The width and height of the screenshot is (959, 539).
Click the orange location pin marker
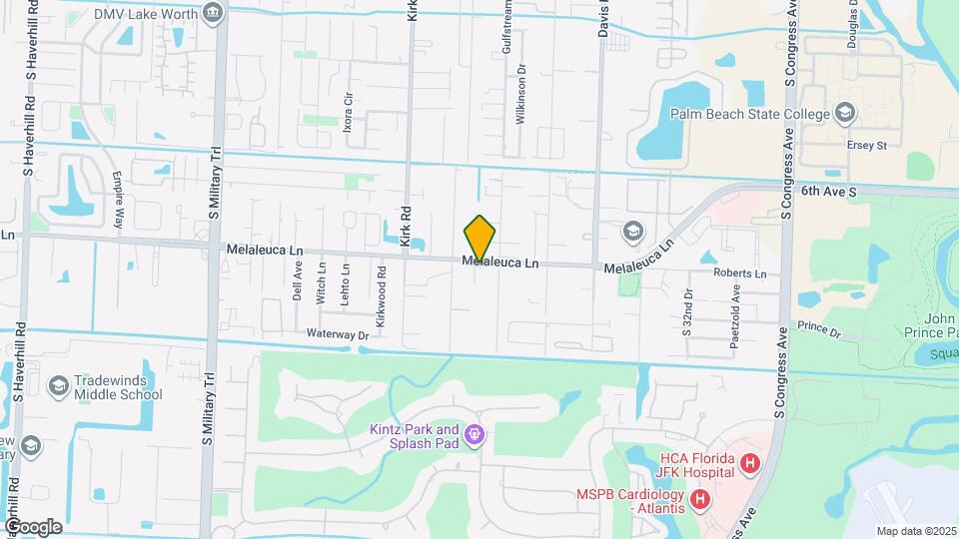479,238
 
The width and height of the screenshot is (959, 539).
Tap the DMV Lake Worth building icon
212,12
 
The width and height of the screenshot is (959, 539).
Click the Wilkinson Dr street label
520,96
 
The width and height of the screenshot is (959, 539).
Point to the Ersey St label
868,146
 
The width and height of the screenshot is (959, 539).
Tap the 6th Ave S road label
829,189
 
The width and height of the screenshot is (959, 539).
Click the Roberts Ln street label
739,273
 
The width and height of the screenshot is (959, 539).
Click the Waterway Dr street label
338,335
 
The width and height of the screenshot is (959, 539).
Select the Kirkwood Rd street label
382,284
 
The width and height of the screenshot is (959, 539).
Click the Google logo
33,526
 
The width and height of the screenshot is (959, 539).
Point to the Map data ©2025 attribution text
917,531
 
